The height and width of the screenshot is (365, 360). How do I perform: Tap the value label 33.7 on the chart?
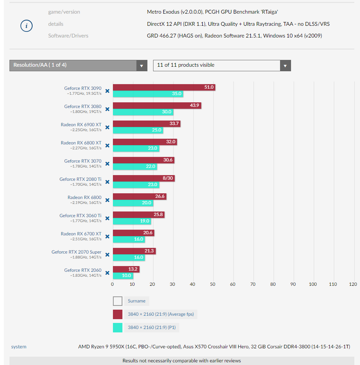point(174,124)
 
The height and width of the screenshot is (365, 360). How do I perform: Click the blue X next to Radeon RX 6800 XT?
point(107,146)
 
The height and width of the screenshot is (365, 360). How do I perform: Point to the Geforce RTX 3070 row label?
point(83,161)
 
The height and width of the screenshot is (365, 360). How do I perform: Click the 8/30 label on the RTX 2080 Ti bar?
point(168,178)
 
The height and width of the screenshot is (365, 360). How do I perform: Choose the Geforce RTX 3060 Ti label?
point(80,216)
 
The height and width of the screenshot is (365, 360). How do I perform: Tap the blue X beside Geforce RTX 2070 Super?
point(107,255)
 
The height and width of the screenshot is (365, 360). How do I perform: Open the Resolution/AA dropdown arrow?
point(142,66)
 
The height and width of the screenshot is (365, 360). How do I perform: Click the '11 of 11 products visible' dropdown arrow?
point(285,66)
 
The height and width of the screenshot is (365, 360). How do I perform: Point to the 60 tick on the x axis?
point(233,284)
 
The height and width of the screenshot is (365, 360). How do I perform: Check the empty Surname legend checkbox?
point(117,301)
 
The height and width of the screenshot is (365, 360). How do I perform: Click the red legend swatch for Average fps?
point(117,314)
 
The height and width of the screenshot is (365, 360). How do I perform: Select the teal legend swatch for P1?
point(117,327)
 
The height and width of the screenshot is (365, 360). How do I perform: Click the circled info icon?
point(26,26)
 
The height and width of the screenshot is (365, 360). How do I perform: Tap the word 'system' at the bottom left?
point(19,347)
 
